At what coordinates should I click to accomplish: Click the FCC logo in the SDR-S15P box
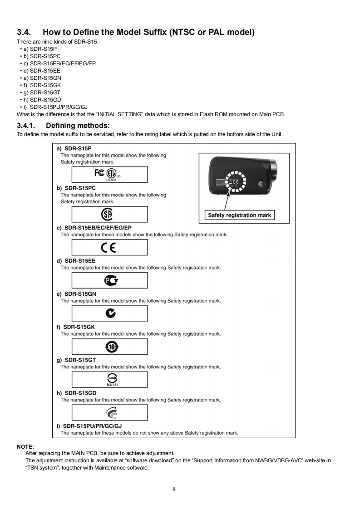click(x=99, y=173)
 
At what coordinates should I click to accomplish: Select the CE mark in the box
click(x=110, y=247)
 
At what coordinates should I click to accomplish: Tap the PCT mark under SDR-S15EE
click(x=110, y=280)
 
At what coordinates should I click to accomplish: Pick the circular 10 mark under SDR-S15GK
click(x=110, y=347)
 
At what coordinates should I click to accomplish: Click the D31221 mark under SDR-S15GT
click(x=110, y=379)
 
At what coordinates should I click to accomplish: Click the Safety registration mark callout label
click(x=239, y=215)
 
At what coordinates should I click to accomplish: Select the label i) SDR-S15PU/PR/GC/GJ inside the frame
click(x=89, y=426)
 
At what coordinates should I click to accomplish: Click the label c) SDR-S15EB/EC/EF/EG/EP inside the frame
click(x=94, y=228)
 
